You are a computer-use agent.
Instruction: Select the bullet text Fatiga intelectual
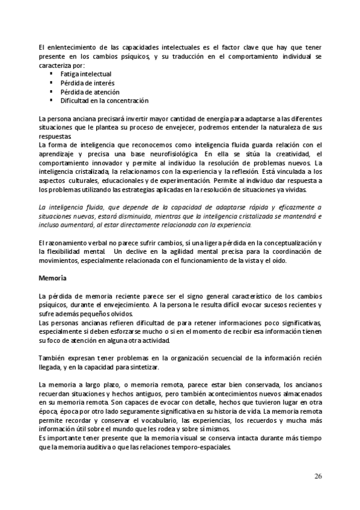coord(87,74)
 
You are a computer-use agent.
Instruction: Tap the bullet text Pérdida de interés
coord(88,83)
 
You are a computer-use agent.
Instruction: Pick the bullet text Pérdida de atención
coord(90,92)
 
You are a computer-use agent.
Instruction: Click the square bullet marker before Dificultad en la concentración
coord(52,100)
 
